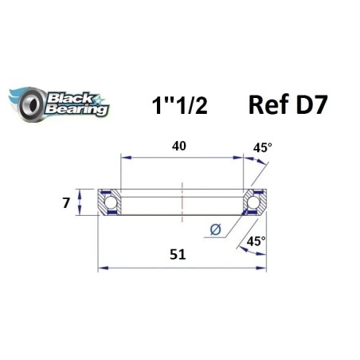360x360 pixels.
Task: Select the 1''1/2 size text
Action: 179,105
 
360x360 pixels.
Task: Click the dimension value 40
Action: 182,145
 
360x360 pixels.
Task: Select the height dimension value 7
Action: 67,202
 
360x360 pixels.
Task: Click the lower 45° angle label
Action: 256,241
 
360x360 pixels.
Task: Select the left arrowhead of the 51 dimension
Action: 101,268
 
